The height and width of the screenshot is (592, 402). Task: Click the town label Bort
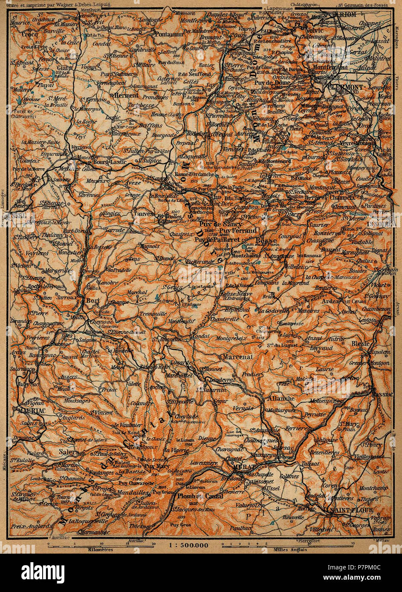[x=93, y=300]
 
